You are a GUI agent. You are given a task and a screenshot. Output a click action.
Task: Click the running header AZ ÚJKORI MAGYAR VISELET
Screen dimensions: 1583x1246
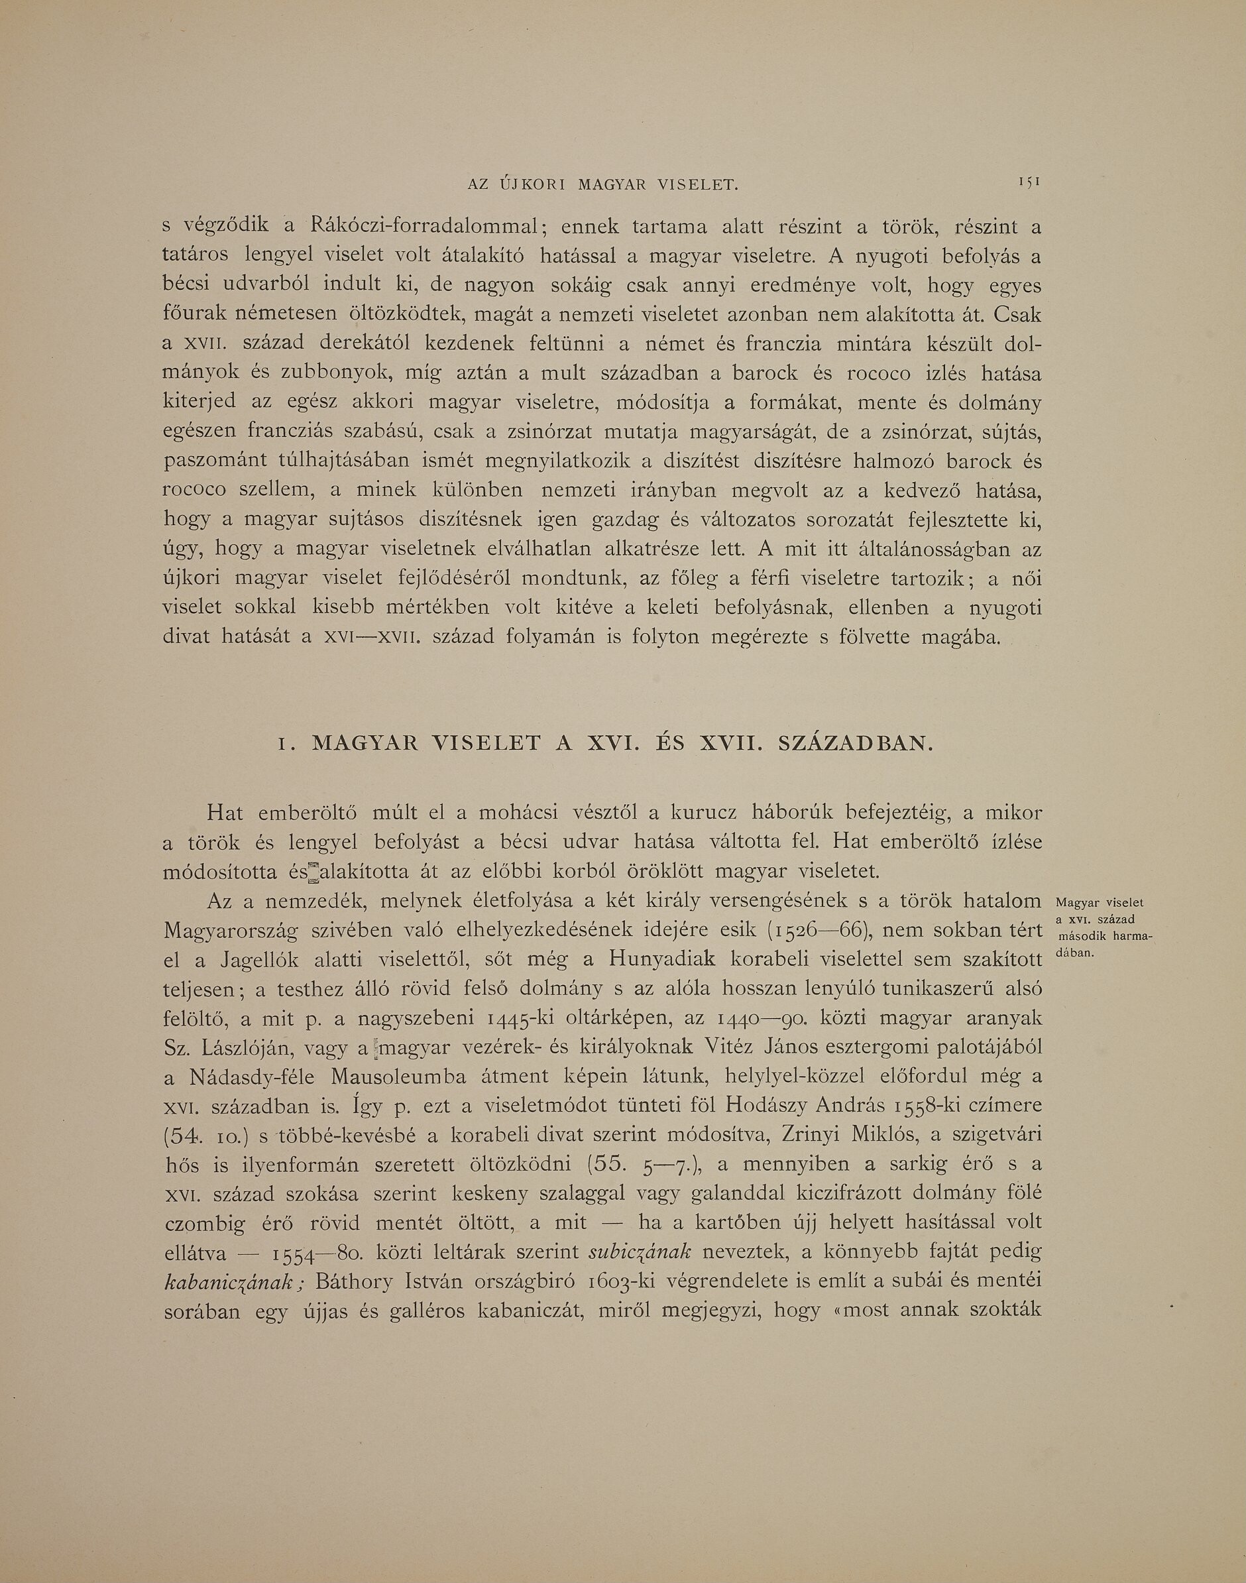pos(603,186)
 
